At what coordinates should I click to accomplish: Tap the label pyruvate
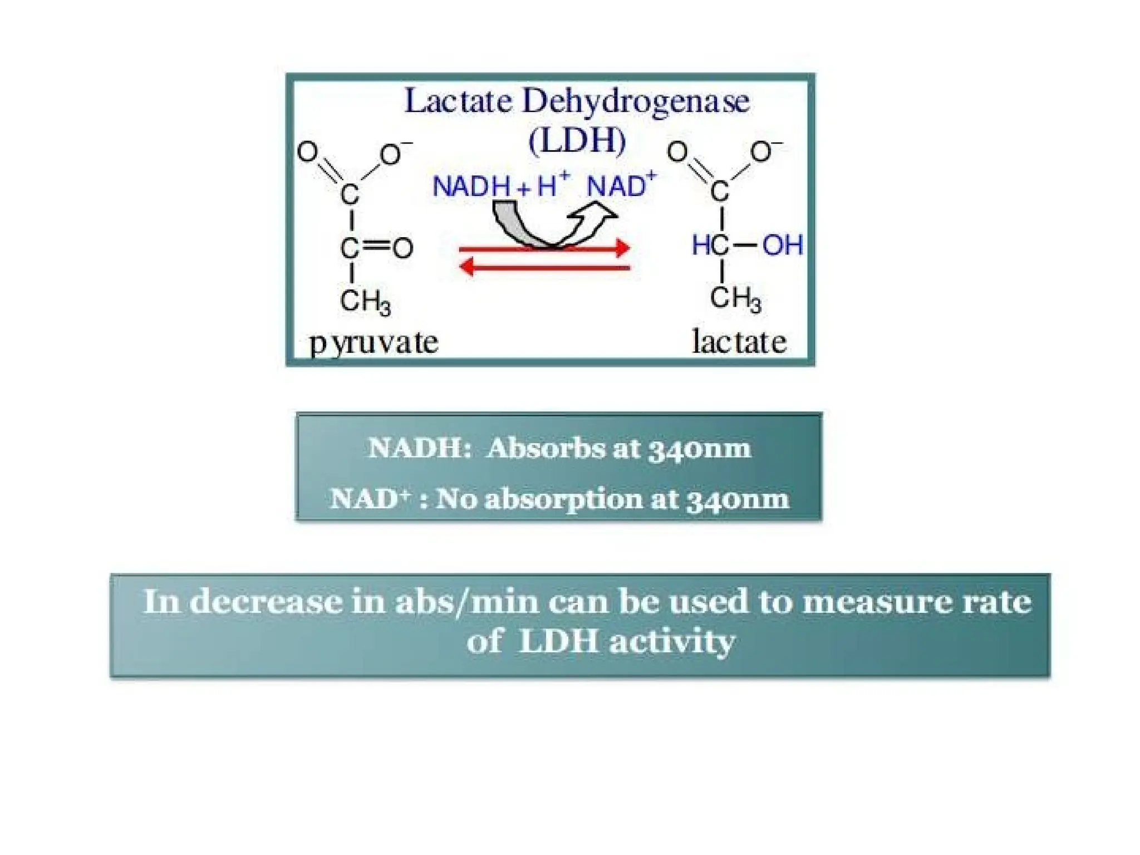click(x=374, y=342)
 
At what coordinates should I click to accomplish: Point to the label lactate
click(x=739, y=342)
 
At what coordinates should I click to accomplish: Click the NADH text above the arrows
click(x=471, y=186)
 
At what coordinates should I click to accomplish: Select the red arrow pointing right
click(x=544, y=248)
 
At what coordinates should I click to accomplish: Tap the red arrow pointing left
click(x=544, y=268)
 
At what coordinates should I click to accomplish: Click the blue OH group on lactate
click(x=782, y=245)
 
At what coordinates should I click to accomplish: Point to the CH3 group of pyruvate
click(x=365, y=302)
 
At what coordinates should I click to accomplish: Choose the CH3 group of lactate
click(x=735, y=299)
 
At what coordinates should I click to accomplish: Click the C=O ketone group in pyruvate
click(x=376, y=248)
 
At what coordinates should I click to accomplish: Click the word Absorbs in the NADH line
click(x=546, y=449)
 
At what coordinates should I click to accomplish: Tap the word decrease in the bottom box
click(x=266, y=602)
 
